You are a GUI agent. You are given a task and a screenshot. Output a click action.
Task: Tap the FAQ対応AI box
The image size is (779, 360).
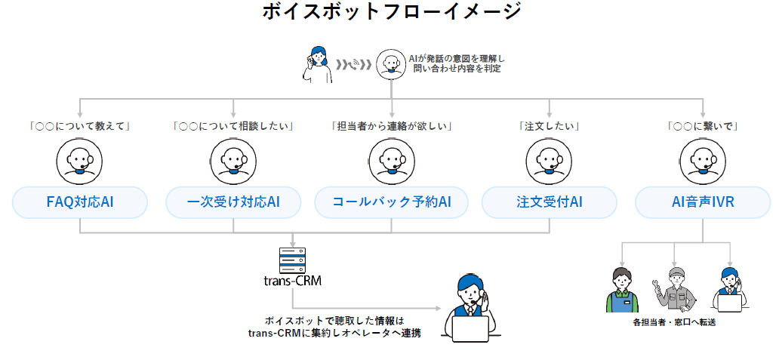79,202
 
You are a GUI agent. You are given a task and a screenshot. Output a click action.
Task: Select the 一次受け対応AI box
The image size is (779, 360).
233,202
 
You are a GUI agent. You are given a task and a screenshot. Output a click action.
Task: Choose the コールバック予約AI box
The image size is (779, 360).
391,202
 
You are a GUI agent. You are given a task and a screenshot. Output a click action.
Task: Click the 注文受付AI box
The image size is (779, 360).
549,202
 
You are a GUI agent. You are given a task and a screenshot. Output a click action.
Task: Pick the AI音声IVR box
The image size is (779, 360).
703,202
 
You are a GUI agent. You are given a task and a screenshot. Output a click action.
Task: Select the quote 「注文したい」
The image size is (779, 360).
549,126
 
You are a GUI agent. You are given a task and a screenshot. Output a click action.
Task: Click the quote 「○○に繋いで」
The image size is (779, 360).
703,126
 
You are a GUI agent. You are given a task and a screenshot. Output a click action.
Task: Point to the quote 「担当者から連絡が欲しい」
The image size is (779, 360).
391,126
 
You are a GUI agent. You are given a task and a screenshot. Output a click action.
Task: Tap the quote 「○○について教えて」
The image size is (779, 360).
80,126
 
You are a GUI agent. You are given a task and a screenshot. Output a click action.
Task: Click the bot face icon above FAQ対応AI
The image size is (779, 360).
79,160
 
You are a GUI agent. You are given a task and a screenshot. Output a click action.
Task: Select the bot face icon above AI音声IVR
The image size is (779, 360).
702,160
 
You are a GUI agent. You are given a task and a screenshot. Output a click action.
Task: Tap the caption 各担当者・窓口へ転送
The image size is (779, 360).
674,323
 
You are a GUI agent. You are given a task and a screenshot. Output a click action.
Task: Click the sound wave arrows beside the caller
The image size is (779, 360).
354,63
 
